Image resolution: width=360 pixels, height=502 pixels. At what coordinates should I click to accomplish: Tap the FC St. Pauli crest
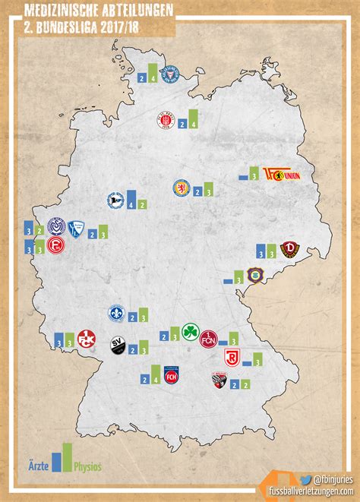pyautogui.click(x=165, y=122)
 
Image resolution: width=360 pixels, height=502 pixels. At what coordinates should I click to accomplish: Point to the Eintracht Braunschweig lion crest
pyautogui.click(x=183, y=188)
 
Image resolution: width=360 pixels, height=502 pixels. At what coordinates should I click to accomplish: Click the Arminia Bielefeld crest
pyautogui.click(x=115, y=200)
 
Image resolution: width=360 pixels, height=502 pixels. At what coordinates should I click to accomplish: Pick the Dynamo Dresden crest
pyautogui.click(x=287, y=249)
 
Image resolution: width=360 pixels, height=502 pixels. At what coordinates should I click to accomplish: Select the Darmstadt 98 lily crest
pyautogui.click(x=115, y=313)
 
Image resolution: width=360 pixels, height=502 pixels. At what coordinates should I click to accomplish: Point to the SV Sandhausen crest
pyautogui.click(x=117, y=346)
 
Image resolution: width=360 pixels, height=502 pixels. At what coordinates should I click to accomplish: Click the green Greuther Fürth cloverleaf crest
pyautogui.click(x=189, y=333)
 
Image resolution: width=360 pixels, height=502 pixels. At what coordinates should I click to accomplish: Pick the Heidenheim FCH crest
pyautogui.click(x=172, y=375)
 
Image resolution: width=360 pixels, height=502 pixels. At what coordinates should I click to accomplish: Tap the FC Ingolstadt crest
pyautogui.click(x=219, y=380)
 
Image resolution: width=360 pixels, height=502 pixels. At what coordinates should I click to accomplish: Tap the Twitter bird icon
pyautogui.click(x=305, y=479)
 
